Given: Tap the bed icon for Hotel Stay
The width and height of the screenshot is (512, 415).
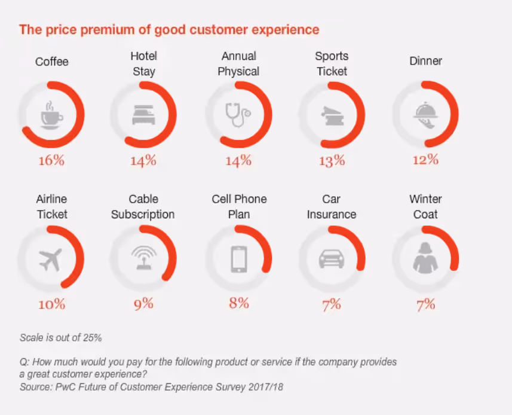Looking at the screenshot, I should (143, 114).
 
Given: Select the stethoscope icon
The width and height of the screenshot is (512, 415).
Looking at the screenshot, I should (238, 114).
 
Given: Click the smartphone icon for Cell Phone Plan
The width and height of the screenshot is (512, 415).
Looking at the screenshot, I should (238, 259).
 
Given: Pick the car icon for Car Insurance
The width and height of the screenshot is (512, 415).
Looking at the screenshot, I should (331, 258).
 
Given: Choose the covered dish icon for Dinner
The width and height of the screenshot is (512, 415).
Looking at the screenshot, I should (425, 114).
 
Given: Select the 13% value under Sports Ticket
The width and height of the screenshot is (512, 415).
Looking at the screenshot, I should (331, 160).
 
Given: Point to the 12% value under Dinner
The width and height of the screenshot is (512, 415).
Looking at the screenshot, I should (425, 160).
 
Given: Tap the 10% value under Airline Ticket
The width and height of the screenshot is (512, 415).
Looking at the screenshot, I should (51, 304).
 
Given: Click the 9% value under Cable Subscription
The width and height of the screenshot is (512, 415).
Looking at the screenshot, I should (143, 304).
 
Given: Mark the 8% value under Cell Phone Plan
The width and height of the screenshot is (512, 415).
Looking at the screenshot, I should (238, 303).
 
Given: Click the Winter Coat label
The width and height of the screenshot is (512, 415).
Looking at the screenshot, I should (425, 206).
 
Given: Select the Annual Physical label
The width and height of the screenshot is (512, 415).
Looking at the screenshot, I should (238, 63).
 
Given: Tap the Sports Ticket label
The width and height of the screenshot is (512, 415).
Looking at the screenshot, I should (332, 63).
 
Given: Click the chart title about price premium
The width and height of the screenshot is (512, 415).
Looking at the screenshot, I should (169, 29).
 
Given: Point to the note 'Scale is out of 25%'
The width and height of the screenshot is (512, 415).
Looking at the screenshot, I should (61, 338).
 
